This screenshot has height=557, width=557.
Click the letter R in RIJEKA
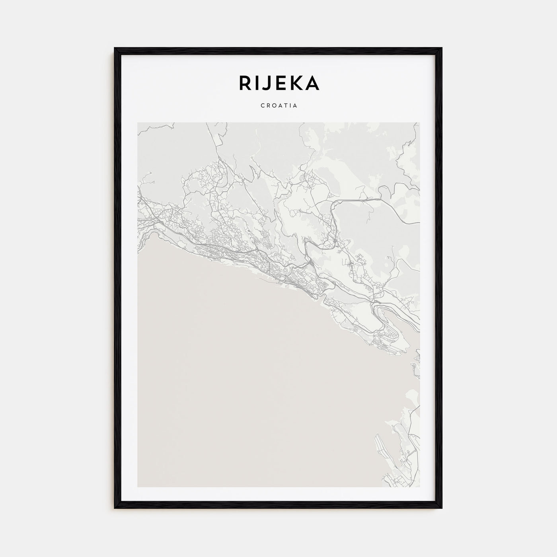pos(246,83)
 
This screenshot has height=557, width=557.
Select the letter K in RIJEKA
pos(296,83)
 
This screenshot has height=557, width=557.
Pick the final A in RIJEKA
pos(312,83)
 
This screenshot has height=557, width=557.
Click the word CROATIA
pos(279,106)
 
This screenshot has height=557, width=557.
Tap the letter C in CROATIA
pos(263,106)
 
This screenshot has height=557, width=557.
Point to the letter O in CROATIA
pos(274,106)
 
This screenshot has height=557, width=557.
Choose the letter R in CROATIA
pos(268,106)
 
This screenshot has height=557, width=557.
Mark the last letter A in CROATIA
pos(296,106)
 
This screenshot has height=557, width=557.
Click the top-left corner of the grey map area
pos(138,123)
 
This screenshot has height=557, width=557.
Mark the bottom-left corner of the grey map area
pos(138,487)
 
